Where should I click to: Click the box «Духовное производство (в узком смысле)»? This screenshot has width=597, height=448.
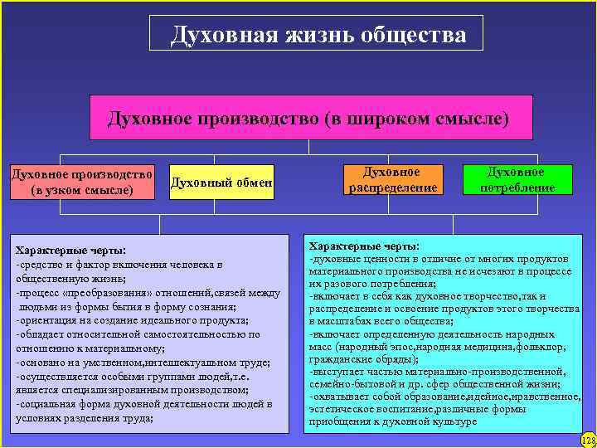(81, 182)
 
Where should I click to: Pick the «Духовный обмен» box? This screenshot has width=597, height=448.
(221, 182)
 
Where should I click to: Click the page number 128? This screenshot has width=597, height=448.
(587, 438)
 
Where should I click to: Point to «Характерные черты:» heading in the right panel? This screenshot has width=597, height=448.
(364, 246)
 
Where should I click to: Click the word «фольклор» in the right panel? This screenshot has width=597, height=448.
(546, 346)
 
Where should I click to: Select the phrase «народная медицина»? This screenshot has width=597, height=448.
(465, 346)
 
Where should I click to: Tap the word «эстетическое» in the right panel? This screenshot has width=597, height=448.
(340, 409)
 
